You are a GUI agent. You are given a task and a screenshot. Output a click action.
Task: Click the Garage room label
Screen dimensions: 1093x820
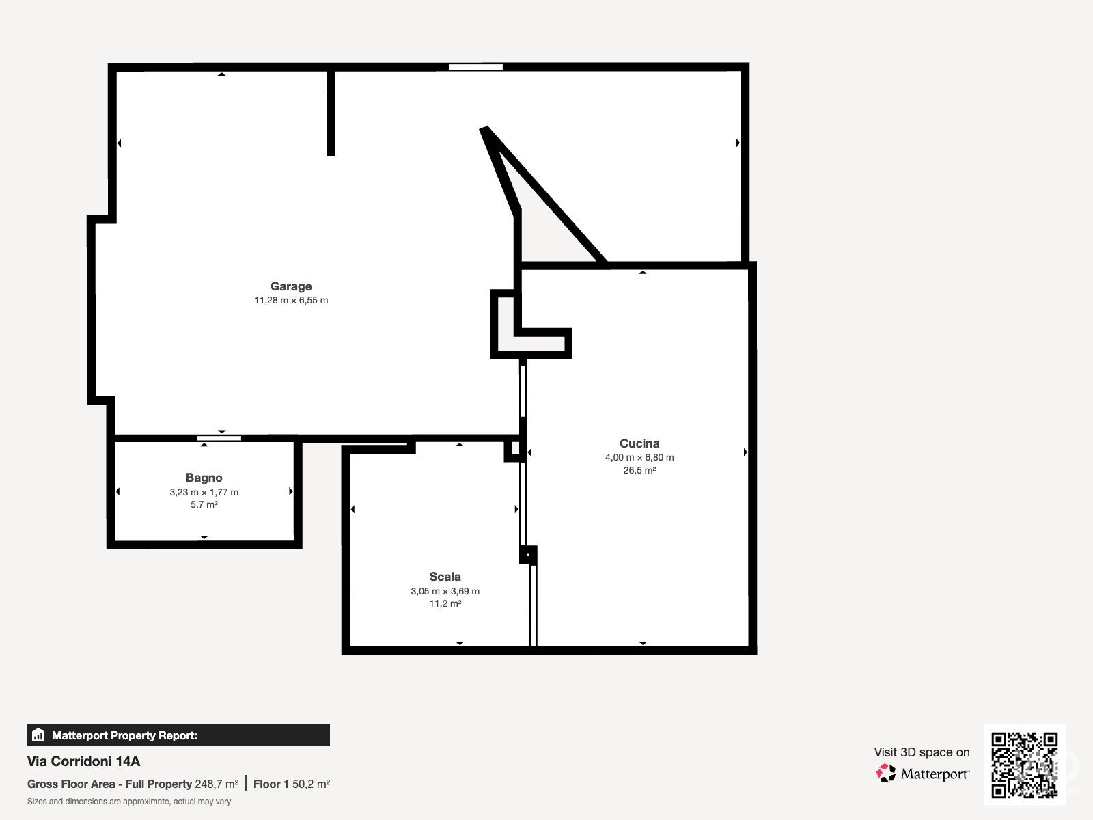click(291, 286)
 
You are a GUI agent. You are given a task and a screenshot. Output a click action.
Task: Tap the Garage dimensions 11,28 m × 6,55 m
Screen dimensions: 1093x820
click(291, 300)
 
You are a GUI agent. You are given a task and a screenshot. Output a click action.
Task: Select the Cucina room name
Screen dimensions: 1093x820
click(639, 443)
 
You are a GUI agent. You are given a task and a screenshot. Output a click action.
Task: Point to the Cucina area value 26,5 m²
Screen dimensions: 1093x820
click(639, 470)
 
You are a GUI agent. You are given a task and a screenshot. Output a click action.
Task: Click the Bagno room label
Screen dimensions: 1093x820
click(204, 478)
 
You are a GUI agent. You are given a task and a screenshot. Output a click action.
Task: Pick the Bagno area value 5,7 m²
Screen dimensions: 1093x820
click(204, 504)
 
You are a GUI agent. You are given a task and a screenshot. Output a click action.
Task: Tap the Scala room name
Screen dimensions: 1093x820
click(445, 577)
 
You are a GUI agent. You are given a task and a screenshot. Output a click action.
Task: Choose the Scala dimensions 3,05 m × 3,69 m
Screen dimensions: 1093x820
click(445, 591)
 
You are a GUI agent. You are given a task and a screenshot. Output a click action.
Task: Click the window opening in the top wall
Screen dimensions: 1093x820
click(475, 67)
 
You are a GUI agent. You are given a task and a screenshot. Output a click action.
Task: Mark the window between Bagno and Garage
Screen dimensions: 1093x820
click(219, 439)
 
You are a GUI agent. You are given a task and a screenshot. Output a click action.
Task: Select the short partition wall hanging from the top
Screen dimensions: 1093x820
click(331, 113)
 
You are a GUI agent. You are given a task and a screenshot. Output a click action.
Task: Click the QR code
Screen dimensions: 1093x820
click(1024, 765)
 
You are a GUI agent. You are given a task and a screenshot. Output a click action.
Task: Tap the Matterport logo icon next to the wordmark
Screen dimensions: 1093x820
click(886, 774)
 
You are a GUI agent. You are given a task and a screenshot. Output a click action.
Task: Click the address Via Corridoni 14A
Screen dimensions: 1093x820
click(83, 761)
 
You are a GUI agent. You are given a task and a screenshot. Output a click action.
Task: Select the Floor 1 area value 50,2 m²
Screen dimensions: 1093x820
click(311, 784)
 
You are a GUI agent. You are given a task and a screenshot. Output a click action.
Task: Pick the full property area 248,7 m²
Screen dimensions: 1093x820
click(217, 784)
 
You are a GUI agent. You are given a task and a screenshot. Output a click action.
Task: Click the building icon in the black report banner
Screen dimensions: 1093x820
click(38, 735)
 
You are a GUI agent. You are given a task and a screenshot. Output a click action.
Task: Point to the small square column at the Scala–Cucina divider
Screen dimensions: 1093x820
click(528, 555)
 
